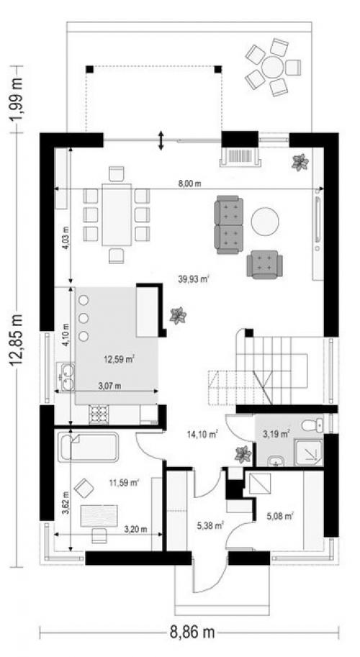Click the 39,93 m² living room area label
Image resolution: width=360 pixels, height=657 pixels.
point(194,279)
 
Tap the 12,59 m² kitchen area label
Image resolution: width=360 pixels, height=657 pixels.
point(119,358)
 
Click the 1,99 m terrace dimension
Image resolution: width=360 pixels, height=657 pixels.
point(17,99)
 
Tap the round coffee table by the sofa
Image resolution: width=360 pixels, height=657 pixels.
point(265,222)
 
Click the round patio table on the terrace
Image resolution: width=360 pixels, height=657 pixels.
point(272,66)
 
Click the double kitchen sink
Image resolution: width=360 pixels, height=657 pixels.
point(66,376)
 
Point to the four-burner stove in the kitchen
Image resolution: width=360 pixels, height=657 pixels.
point(99,414)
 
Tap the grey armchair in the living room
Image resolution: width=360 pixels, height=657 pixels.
point(264,264)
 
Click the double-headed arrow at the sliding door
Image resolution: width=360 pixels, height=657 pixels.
point(161,140)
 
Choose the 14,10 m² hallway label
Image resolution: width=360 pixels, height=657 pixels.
point(203,434)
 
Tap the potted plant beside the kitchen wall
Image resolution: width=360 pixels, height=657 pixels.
point(178,315)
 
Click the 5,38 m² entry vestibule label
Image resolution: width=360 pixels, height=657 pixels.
point(210,525)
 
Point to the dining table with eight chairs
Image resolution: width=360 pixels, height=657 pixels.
point(117,214)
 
